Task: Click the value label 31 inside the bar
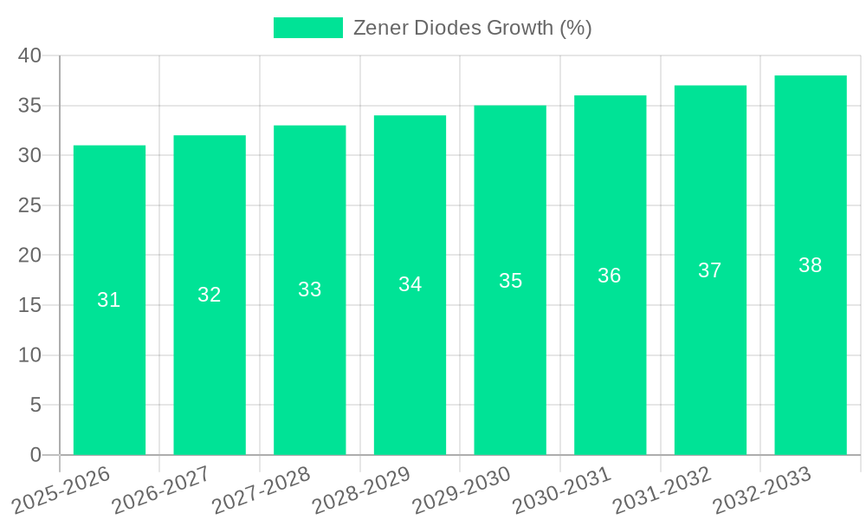(x=109, y=300)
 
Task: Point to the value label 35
(x=510, y=281)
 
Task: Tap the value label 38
(x=811, y=265)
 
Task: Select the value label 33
(x=310, y=289)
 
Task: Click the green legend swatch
(x=308, y=28)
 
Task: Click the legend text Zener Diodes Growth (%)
(x=472, y=28)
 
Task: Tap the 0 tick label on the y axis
(x=36, y=455)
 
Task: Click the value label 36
(x=610, y=276)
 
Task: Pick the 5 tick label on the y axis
(x=36, y=406)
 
